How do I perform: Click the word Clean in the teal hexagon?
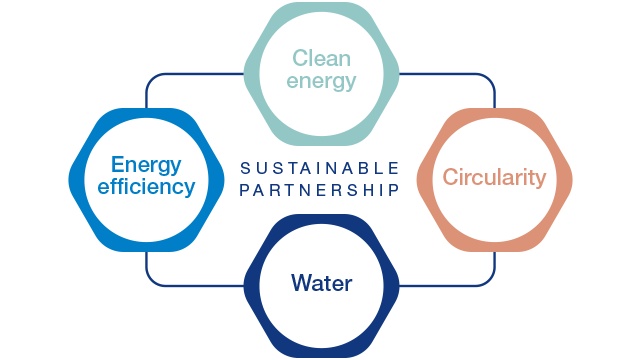[322, 58]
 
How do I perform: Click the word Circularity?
[494, 178]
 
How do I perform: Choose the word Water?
[322, 283]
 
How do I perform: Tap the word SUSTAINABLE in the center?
[320, 167]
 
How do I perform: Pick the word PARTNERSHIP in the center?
[320, 189]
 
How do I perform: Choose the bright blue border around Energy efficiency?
[80, 177]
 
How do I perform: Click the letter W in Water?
[299, 283]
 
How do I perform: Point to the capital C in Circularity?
[450, 178]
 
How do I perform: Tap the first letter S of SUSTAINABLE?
[244, 167]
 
